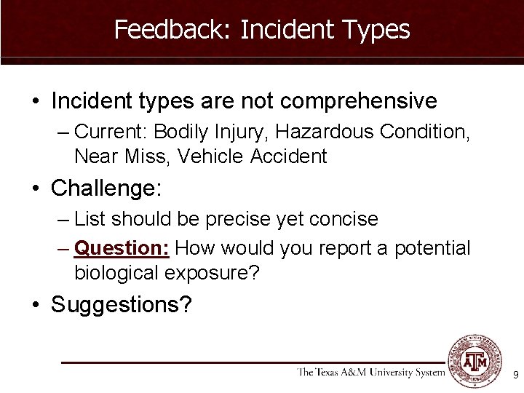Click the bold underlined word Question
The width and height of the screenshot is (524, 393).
coord(122,248)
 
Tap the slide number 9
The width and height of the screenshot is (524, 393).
coord(515,376)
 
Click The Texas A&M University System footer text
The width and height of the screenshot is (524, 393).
coord(370,373)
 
